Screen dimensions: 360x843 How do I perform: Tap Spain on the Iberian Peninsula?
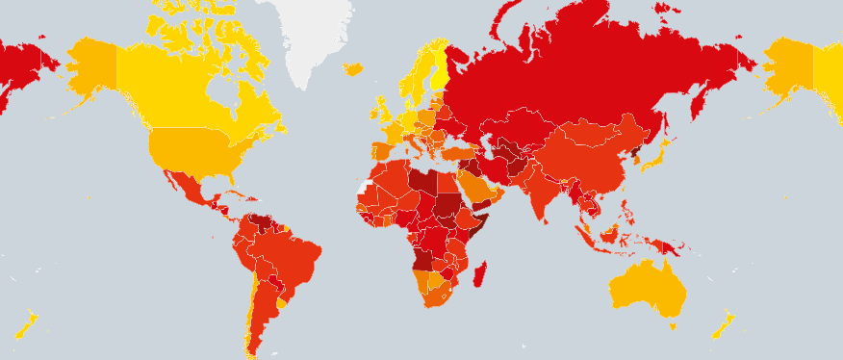[x=379, y=151]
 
